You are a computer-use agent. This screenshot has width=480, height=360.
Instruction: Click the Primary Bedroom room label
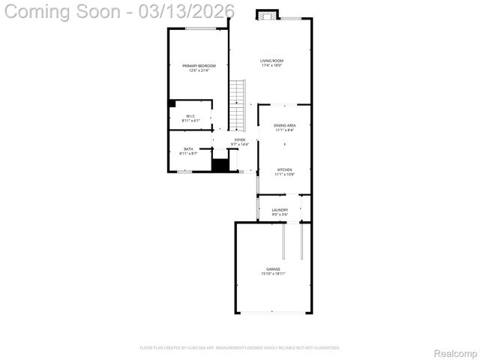pos(199,66)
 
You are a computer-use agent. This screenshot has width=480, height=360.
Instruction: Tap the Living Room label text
pos(271,61)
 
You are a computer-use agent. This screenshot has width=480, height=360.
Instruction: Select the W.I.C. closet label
pos(191,115)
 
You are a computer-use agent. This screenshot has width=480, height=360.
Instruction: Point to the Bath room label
pos(188,148)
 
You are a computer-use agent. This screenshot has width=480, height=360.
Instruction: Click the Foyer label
pos(239,139)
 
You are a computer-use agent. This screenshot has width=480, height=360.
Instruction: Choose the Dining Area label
pos(284,125)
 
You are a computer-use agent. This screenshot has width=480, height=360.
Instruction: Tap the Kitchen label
pos(284,170)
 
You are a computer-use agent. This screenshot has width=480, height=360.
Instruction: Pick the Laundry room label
pos(280,210)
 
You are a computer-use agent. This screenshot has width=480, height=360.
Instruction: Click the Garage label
pos(273,268)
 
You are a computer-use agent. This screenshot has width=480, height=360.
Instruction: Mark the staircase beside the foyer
pos(237,105)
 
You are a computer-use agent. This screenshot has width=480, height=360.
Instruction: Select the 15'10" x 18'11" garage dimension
pos(273,274)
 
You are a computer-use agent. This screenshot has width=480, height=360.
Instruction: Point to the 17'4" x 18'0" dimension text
pos(271,66)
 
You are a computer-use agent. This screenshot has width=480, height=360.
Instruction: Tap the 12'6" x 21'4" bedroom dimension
pos(199,71)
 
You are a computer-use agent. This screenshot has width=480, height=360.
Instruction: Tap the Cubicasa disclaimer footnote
pos(240,347)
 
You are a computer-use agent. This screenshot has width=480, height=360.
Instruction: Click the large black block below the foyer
pos(220,166)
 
